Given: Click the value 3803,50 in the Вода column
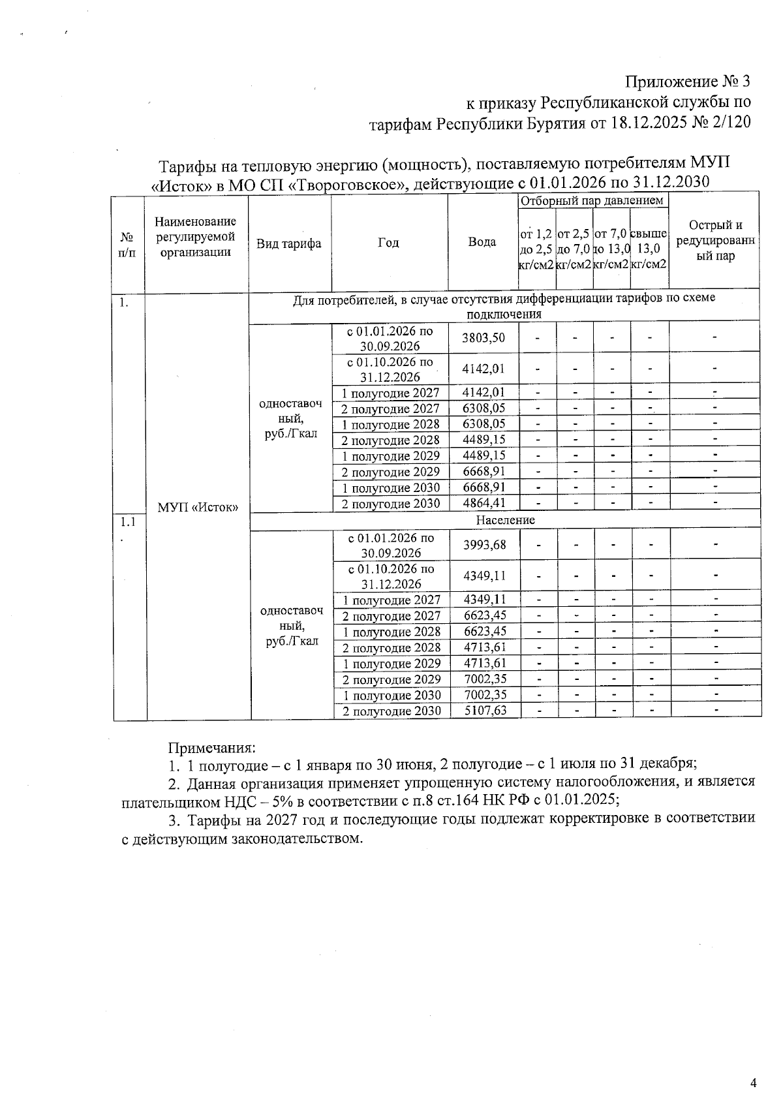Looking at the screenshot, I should tap(483, 337).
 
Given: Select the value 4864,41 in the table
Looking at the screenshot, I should tap(483, 503).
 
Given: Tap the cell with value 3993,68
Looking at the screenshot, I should tap(484, 545).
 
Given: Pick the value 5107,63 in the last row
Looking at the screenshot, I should tap(485, 711).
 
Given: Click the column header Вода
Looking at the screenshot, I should tap(482, 242).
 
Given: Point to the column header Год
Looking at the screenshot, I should tap(388, 243).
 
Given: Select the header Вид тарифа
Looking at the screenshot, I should tap(288, 243).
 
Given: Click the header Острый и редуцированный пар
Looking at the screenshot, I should tap(715, 240).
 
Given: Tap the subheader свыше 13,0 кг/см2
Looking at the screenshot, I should tap(649, 249).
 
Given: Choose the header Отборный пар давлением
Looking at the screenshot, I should tap(592, 200).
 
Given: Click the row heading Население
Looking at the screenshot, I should tap(505, 520).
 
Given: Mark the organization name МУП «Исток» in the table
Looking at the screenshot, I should tap(198, 508).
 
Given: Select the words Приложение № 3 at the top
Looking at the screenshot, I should tap(688, 82).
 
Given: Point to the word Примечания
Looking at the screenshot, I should tap(211, 746).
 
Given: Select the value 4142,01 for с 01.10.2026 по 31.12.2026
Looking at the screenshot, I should tap(483, 369).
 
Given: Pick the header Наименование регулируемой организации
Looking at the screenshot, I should tap(196, 237).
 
